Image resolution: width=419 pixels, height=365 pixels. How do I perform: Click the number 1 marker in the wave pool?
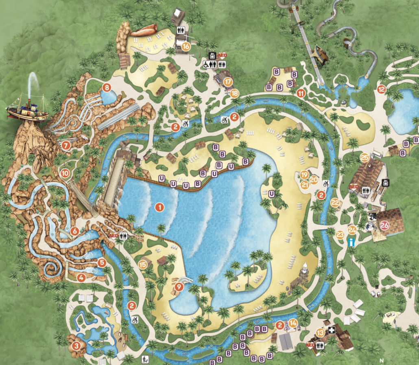click(x=159, y=207)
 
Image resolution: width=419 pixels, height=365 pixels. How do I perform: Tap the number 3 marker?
click(x=76, y=346)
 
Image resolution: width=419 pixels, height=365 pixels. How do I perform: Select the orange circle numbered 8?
click(x=107, y=87)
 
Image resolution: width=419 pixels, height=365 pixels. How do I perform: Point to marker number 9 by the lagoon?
click(x=178, y=286)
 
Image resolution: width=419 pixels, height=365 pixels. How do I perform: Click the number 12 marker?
click(x=381, y=89)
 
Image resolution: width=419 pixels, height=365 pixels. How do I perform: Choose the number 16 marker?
click(x=186, y=46)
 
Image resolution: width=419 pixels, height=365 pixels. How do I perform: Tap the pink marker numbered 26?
click(x=384, y=224)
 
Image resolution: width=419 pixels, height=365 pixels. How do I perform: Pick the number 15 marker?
click(x=143, y=264)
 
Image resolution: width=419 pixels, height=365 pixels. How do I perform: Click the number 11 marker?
click(x=301, y=93)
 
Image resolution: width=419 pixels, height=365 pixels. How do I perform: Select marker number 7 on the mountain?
click(x=66, y=144)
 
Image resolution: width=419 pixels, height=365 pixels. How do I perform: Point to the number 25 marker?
click(x=364, y=157)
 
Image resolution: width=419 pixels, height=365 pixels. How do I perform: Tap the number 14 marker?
click(x=293, y=324)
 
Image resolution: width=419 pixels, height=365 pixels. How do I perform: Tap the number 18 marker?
click(x=235, y=93)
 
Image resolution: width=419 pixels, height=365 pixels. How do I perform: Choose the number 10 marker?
click(x=65, y=173)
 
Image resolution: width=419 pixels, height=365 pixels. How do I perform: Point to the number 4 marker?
click(x=81, y=278)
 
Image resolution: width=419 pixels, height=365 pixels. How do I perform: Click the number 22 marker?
click(x=335, y=202)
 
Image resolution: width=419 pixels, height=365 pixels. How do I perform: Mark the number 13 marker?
click(x=321, y=332)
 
